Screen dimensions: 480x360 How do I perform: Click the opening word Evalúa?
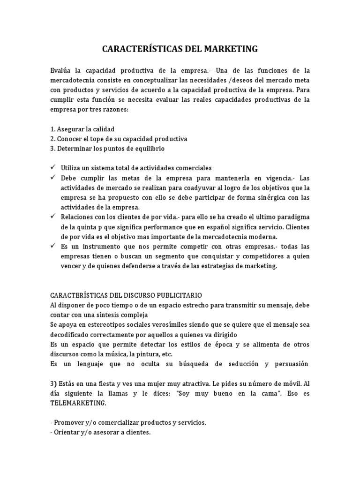pos(61,70)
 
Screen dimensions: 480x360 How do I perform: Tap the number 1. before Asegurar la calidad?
pos(52,129)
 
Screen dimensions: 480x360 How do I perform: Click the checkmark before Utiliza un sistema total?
pos(52,167)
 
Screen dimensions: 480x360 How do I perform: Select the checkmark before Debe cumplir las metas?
pos(52,178)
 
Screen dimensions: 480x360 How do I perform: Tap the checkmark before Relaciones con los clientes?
pos(52,217)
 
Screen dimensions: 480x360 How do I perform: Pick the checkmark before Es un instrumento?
pos(52,246)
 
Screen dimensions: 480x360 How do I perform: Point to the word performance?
pos(153,226)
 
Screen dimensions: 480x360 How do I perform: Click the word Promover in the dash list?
pos(71,422)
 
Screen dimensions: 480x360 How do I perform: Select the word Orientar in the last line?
pos(69,432)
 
